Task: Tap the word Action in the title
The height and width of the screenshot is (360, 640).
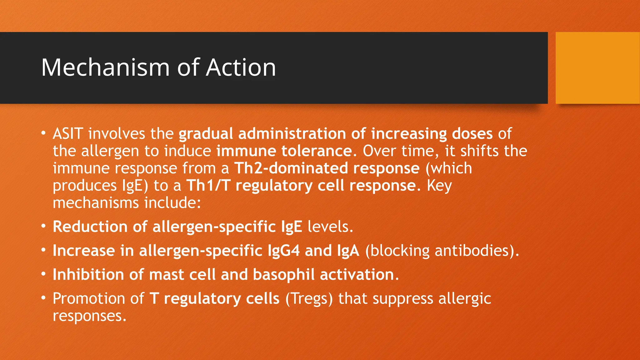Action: (x=241, y=67)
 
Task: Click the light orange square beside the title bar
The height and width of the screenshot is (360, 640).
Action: (x=597, y=68)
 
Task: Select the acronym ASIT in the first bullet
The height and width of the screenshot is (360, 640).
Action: (x=68, y=134)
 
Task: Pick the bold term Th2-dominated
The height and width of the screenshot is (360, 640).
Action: (x=291, y=168)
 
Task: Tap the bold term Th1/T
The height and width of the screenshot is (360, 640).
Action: (x=208, y=186)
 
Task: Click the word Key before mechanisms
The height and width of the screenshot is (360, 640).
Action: (x=439, y=186)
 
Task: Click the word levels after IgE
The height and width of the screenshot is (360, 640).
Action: (x=330, y=227)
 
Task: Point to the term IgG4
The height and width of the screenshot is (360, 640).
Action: (x=284, y=251)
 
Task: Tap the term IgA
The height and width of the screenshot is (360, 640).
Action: (x=348, y=251)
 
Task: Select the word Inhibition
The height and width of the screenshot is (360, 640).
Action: (x=88, y=275)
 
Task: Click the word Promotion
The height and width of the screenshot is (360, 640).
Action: (x=89, y=298)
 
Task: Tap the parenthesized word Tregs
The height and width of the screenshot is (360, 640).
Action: (x=309, y=298)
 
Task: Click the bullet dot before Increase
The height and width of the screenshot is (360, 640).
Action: (x=44, y=250)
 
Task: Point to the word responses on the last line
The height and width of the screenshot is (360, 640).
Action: (x=89, y=316)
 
